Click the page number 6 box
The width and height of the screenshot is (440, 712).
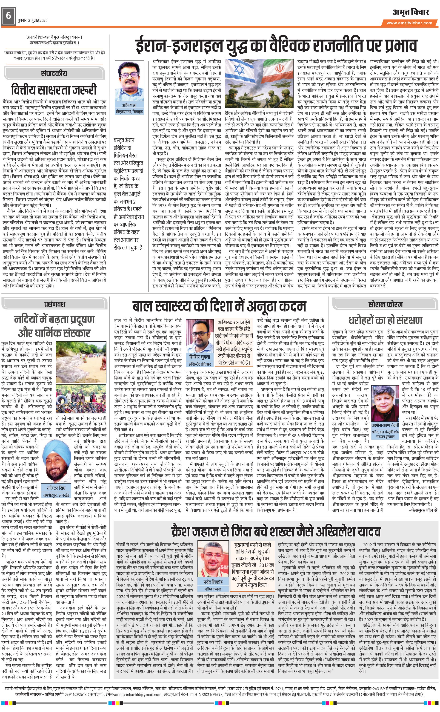[x=9, y=15]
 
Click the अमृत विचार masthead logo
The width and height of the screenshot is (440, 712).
[x=411, y=12]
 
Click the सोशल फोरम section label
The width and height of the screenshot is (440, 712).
[x=385, y=304]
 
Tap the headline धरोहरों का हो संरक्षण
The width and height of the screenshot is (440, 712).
[x=385, y=320]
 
